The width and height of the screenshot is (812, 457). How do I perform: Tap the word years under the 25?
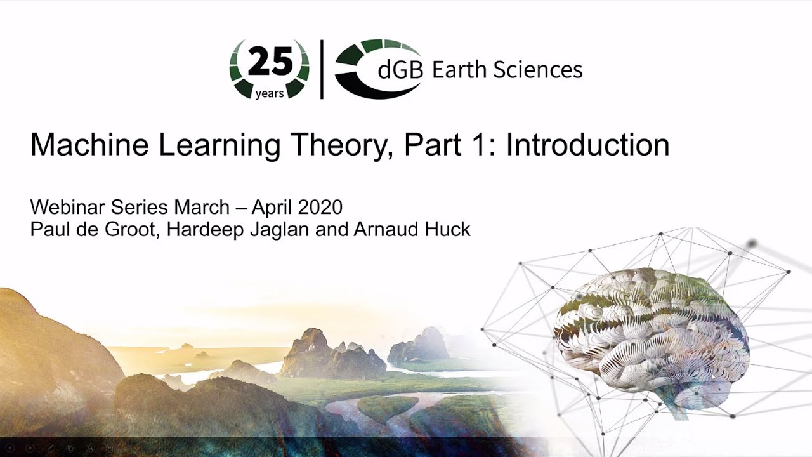pos(270,94)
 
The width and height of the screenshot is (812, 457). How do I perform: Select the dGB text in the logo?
pos(400,70)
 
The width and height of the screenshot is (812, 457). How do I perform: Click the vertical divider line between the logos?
pos(322,69)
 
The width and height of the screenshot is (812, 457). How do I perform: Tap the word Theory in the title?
pos(343,145)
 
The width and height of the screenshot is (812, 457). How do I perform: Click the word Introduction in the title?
pos(587,145)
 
